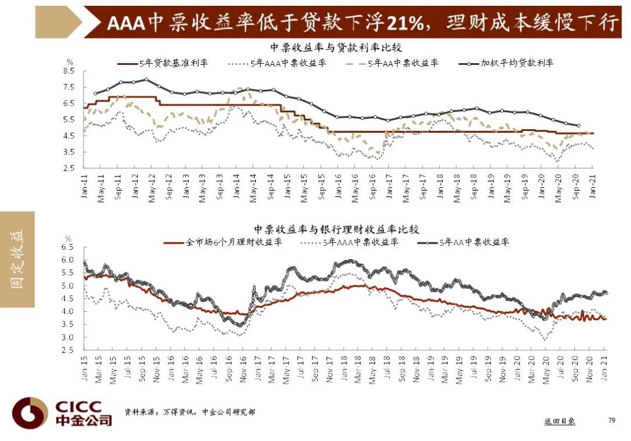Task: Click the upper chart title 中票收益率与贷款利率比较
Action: pyautogui.click(x=336, y=47)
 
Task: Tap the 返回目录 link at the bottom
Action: pyautogui.click(x=559, y=421)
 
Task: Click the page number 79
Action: pyautogui.click(x=612, y=420)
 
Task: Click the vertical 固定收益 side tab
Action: pyautogui.click(x=17, y=259)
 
